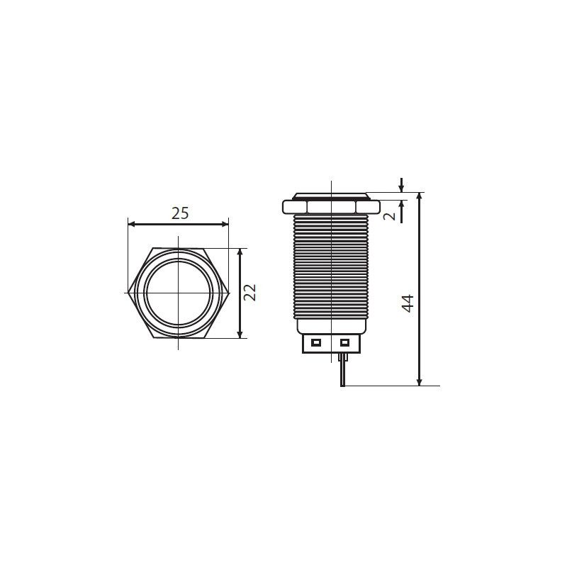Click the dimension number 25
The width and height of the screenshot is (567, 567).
[x=180, y=213]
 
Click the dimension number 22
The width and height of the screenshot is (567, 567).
[x=249, y=293]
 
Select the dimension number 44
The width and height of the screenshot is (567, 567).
[x=408, y=303]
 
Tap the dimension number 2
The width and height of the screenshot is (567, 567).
[x=389, y=216]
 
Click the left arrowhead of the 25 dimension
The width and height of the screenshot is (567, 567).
[x=132, y=224]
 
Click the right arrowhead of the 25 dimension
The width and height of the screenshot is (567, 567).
[x=225, y=224]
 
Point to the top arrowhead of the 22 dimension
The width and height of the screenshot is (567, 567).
[x=240, y=252]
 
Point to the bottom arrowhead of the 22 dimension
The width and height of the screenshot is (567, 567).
[x=240, y=335]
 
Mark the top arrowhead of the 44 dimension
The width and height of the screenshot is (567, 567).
[x=419, y=196]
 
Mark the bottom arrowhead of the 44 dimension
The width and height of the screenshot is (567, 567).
[x=419, y=382]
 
